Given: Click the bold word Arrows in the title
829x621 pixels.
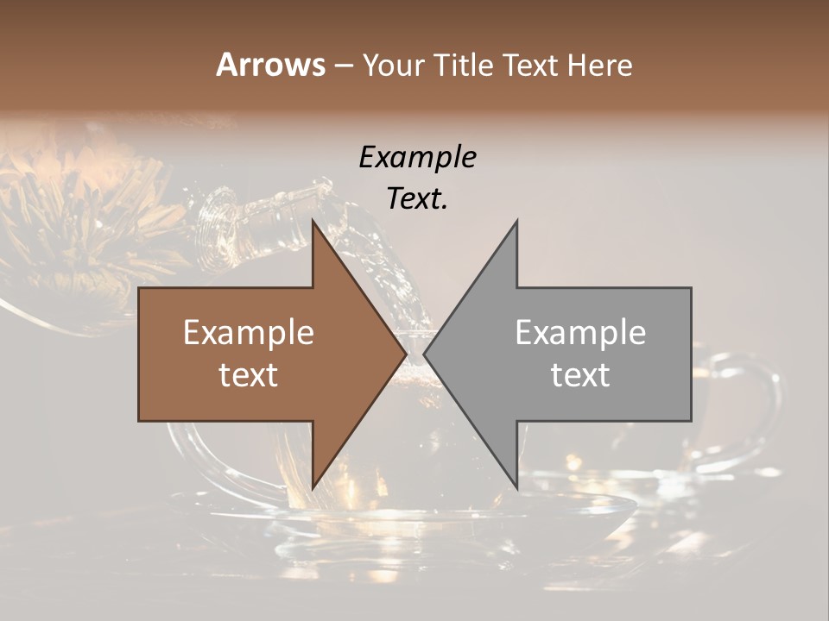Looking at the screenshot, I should [x=271, y=65].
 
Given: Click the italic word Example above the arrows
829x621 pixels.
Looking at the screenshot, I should [x=417, y=158].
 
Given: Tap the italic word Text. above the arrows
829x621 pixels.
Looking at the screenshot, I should [x=417, y=199].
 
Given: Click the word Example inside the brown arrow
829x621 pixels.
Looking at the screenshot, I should [x=249, y=333].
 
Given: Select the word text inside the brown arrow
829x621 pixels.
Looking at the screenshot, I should [x=249, y=375].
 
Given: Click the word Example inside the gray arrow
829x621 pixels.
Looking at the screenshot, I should [x=580, y=333].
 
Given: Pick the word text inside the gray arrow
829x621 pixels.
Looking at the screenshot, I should [x=580, y=375].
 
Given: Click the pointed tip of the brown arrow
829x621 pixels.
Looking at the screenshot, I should [x=406, y=354].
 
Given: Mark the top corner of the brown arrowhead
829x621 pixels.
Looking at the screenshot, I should [x=313, y=222].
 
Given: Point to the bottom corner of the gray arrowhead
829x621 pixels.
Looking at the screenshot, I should [x=516, y=488].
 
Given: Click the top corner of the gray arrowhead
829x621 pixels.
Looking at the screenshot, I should [x=516, y=222].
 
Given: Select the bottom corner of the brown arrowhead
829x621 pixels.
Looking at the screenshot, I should [x=313, y=488].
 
